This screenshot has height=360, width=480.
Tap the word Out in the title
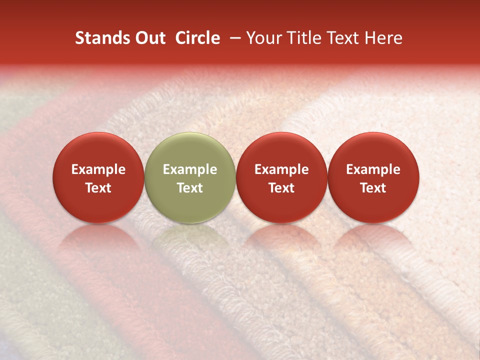149,38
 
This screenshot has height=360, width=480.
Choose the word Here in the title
383,38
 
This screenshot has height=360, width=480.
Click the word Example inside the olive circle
190,169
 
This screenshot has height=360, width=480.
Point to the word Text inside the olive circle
190,188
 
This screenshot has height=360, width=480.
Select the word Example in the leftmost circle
98,169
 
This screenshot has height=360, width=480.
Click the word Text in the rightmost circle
373,188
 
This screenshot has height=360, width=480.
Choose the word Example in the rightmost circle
373,169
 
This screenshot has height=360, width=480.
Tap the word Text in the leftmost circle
98,188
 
